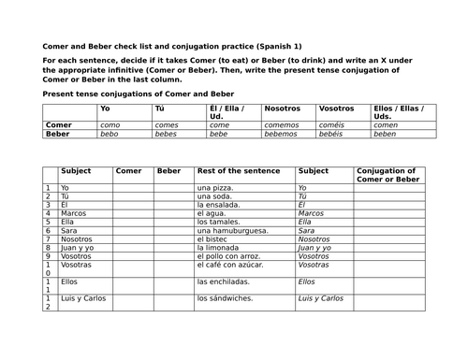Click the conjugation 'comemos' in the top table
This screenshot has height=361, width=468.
[282, 124]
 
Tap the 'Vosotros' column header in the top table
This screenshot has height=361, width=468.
[337, 108]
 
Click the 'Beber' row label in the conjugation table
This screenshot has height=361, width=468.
[58, 134]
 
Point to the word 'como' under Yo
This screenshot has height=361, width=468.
[110, 124]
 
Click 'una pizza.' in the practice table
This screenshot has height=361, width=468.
[215, 188]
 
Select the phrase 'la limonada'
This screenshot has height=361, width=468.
[219, 239]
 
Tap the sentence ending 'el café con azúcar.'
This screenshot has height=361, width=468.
[231, 265]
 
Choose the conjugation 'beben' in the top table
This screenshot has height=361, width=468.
[386, 134]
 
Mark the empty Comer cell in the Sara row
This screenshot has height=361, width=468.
[132, 230]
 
